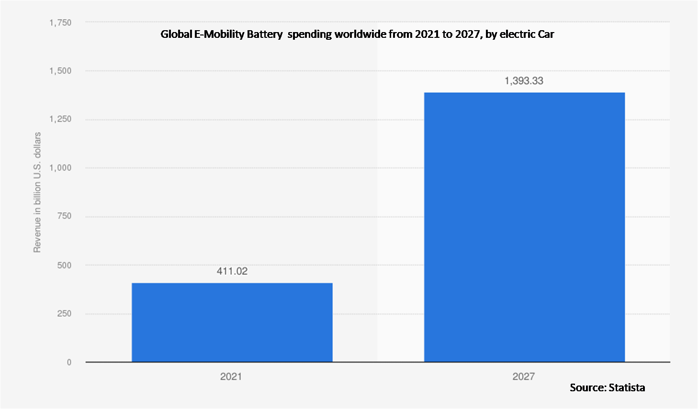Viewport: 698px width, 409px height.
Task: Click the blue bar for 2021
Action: coord(232,322)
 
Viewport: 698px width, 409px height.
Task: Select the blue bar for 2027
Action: coord(524,227)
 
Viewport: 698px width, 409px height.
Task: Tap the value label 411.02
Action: coord(232,271)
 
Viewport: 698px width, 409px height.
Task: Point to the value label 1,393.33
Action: coord(524,81)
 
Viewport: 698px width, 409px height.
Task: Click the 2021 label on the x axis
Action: coord(231,376)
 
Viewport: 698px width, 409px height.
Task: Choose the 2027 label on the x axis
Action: coord(523,376)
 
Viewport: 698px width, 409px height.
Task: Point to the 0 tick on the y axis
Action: coord(69,363)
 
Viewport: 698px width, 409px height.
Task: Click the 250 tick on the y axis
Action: coord(64,314)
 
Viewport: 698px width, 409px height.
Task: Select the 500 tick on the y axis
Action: coord(64,265)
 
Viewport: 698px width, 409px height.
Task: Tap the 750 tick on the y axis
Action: coord(64,216)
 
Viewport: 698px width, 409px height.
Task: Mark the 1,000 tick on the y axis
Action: coord(60,168)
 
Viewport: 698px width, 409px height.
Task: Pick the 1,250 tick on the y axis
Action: coord(60,119)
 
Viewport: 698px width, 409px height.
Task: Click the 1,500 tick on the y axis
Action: coord(60,71)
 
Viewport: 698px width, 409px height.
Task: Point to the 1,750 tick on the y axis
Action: coord(60,23)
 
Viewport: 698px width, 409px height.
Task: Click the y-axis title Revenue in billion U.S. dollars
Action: coord(37,193)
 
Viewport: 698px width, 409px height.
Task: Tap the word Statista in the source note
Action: coord(627,387)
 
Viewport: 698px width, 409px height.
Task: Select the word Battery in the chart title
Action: coord(265,34)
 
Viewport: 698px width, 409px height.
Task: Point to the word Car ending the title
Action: coord(545,34)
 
